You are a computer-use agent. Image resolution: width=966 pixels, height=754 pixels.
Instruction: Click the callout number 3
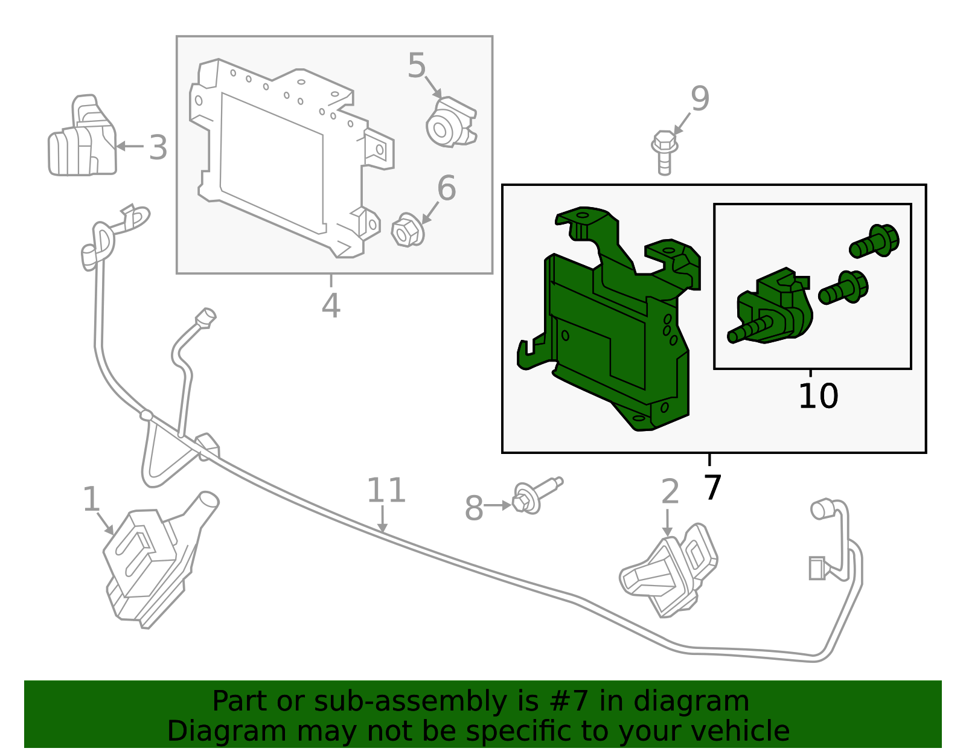click(x=158, y=148)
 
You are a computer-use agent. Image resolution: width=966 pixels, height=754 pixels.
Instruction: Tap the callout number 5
click(x=417, y=66)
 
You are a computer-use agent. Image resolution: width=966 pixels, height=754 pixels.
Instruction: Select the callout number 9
click(x=700, y=99)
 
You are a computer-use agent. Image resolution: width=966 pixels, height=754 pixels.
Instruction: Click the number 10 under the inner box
click(x=818, y=397)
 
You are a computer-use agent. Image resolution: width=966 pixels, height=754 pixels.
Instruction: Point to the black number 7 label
click(x=712, y=487)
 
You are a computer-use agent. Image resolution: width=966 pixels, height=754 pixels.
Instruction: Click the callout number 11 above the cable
click(x=386, y=490)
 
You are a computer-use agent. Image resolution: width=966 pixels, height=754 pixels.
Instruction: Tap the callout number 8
click(x=474, y=508)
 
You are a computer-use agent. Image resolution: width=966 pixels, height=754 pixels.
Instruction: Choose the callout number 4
click(x=331, y=305)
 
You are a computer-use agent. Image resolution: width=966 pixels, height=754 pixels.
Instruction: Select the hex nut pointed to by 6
click(x=407, y=231)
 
